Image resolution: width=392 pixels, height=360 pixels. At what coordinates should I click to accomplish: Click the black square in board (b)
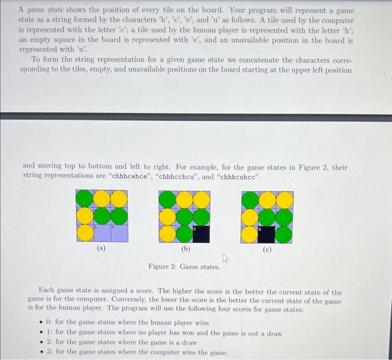click(x=202, y=233)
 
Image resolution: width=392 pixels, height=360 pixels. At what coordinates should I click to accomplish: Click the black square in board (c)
click(x=267, y=233)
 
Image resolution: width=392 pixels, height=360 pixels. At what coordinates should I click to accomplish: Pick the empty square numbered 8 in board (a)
click(x=101, y=233)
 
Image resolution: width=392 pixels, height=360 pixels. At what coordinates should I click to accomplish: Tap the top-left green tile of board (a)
click(x=85, y=199)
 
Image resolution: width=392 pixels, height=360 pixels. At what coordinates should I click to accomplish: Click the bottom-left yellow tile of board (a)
click(x=85, y=233)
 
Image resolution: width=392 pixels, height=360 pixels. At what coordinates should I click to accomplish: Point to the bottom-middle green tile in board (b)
click(x=185, y=233)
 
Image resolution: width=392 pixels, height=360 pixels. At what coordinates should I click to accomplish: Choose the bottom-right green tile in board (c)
click(x=284, y=233)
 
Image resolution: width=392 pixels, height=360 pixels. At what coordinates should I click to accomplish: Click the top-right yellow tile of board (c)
click(x=284, y=199)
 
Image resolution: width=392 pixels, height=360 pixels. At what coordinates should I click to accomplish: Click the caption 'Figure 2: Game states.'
click(x=184, y=267)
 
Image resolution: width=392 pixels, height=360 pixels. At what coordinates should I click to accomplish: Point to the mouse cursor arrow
click(x=226, y=258)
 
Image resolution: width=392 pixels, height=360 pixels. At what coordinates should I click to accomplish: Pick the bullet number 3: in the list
click(x=49, y=352)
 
